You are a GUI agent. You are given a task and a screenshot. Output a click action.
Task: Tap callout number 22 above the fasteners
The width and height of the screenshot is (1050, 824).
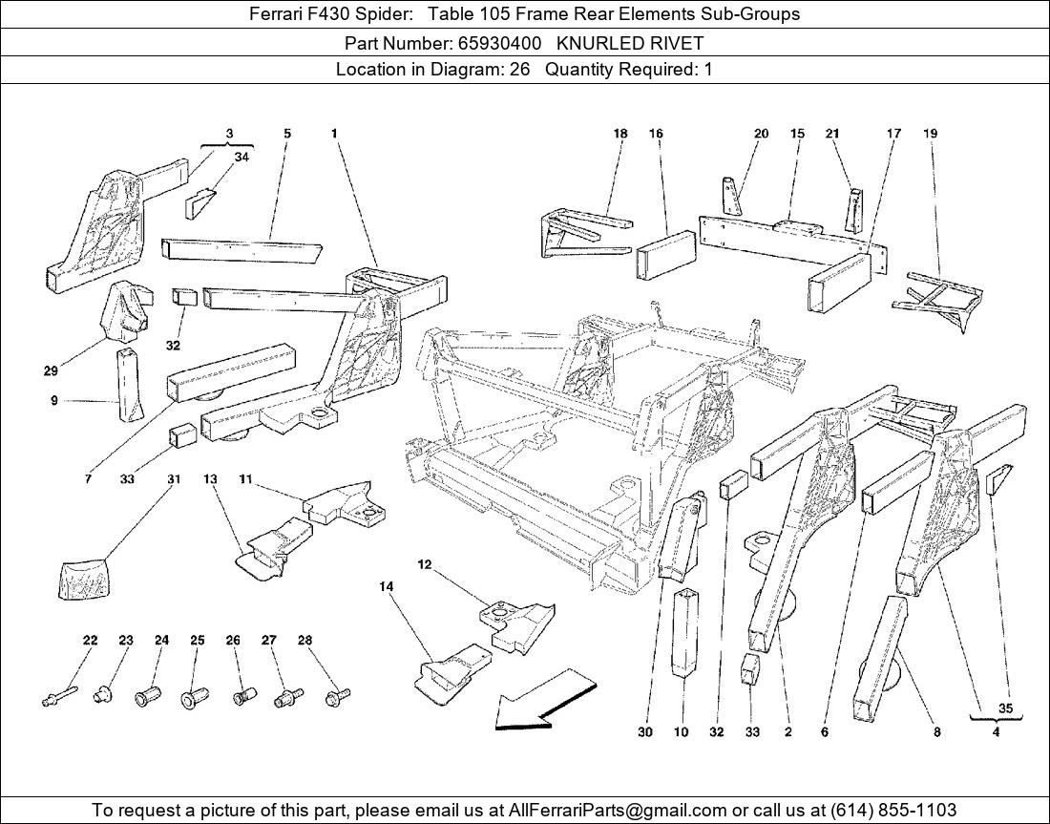[x=90, y=641]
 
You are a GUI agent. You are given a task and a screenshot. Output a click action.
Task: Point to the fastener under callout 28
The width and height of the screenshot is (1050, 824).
[x=335, y=698]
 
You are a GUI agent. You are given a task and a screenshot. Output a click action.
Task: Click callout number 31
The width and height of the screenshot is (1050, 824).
[x=174, y=479]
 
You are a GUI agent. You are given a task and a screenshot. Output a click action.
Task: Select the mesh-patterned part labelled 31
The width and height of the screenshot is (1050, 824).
[x=83, y=579]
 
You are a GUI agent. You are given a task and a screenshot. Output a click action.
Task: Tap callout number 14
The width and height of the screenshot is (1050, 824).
[x=387, y=588]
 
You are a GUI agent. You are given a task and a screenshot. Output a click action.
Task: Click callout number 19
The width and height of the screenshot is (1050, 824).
[x=931, y=134]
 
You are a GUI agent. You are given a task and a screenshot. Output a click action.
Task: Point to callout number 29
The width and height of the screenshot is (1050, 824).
[x=51, y=370]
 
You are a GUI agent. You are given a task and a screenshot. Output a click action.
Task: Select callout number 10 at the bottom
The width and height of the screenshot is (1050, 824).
[x=681, y=732]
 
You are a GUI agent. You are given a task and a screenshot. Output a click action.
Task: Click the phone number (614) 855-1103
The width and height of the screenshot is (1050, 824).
[x=893, y=810]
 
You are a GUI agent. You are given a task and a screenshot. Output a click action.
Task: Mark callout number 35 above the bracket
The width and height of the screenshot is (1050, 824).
[x=1004, y=708]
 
